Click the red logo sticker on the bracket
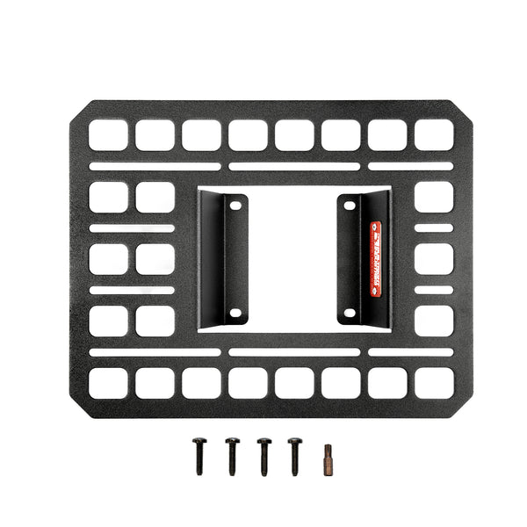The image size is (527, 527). point(375,259)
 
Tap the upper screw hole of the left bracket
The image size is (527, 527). point(235,205)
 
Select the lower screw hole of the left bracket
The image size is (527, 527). point(235,313)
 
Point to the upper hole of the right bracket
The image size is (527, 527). point(350,206)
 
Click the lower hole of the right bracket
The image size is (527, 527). point(350,313)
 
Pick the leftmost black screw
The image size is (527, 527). point(199,457)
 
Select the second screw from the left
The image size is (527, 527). point(231,457)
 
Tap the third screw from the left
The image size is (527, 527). point(263,457)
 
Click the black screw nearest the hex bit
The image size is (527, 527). point(294,457)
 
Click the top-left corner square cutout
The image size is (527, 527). point(108,134)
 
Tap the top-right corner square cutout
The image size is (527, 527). point(434,134)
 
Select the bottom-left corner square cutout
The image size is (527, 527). point(108,382)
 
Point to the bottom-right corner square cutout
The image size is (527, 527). point(434,382)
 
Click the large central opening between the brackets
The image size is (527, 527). point(292,259)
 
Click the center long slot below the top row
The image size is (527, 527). point(294,166)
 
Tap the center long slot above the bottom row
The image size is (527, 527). point(294,352)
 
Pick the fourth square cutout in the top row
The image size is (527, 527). point(248,134)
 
